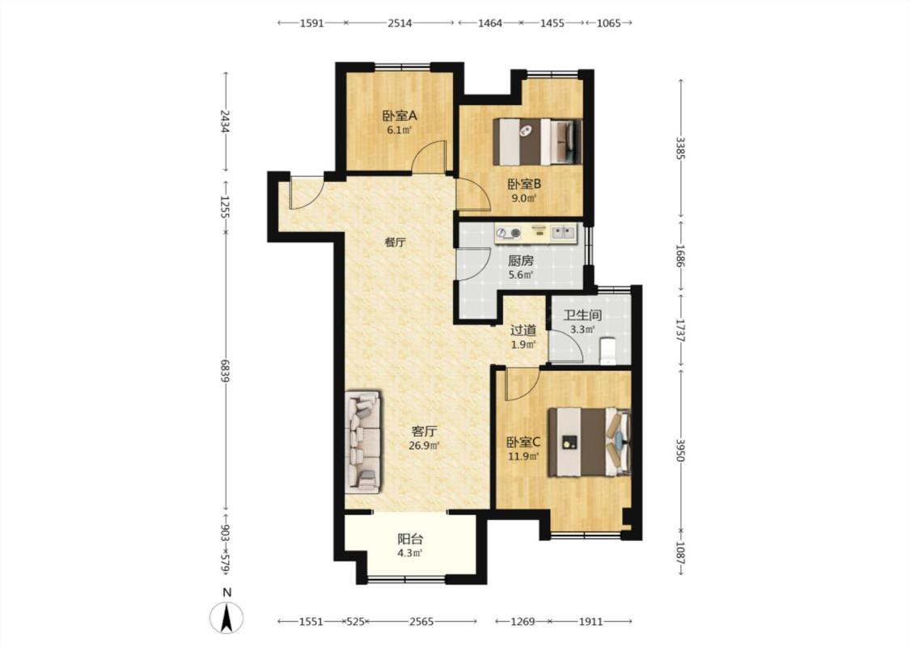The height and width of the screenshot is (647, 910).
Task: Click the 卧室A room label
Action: (x=400, y=116)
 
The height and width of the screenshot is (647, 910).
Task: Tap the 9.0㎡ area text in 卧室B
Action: (x=523, y=198)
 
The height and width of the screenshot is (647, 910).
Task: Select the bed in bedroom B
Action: (x=537, y=142)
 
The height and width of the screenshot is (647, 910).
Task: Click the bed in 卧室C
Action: (x=590, y=442)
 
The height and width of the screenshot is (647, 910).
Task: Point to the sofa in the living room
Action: (x=363, y=442)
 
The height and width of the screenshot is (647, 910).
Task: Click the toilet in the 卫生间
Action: (x=607, y=351)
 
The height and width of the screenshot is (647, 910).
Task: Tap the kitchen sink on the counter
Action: (x=563, y=233)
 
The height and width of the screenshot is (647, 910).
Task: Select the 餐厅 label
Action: (x=396, y=243)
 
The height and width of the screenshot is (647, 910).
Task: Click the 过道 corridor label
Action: (x=523, y=331)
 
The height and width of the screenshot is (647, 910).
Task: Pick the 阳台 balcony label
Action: (x=410, y=539)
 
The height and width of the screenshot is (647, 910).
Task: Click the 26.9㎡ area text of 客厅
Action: (x=424, y=446)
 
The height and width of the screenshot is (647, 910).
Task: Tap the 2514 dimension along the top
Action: (x=400, y=23)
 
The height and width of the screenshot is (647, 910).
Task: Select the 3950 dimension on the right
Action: (x=681, y=449)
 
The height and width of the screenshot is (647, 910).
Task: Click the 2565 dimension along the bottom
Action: (x=421, y=621)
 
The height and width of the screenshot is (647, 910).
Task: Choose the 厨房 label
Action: (x=521, y=261)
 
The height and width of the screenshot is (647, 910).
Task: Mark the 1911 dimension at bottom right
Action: (x=590, y=621)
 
